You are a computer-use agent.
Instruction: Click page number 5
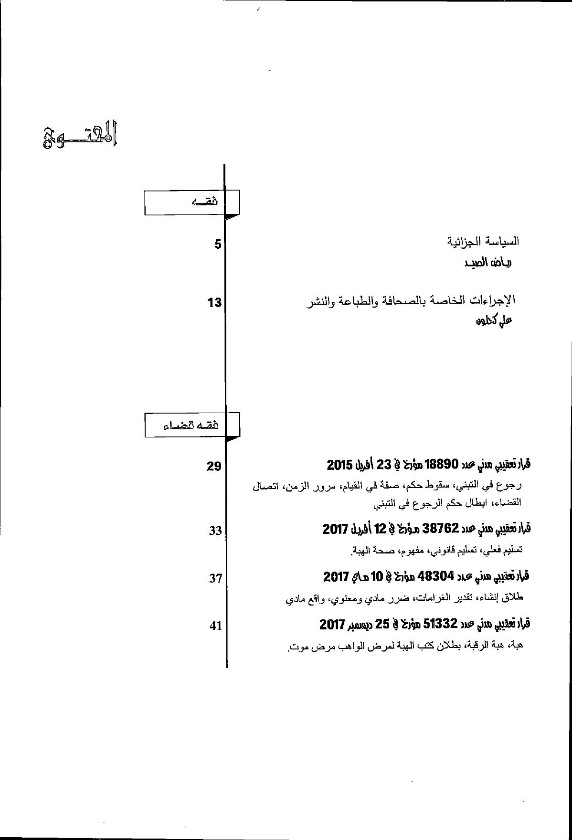point(218,245)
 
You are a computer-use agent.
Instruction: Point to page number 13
point(215,302)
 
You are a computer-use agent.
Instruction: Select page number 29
point(214,466)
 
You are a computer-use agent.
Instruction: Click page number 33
point(215,531)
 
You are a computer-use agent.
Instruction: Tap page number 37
point(215,578)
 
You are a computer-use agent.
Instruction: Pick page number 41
point(215,626)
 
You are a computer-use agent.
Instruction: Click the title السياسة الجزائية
point(483,241)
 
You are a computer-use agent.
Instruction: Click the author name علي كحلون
point(493,321)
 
